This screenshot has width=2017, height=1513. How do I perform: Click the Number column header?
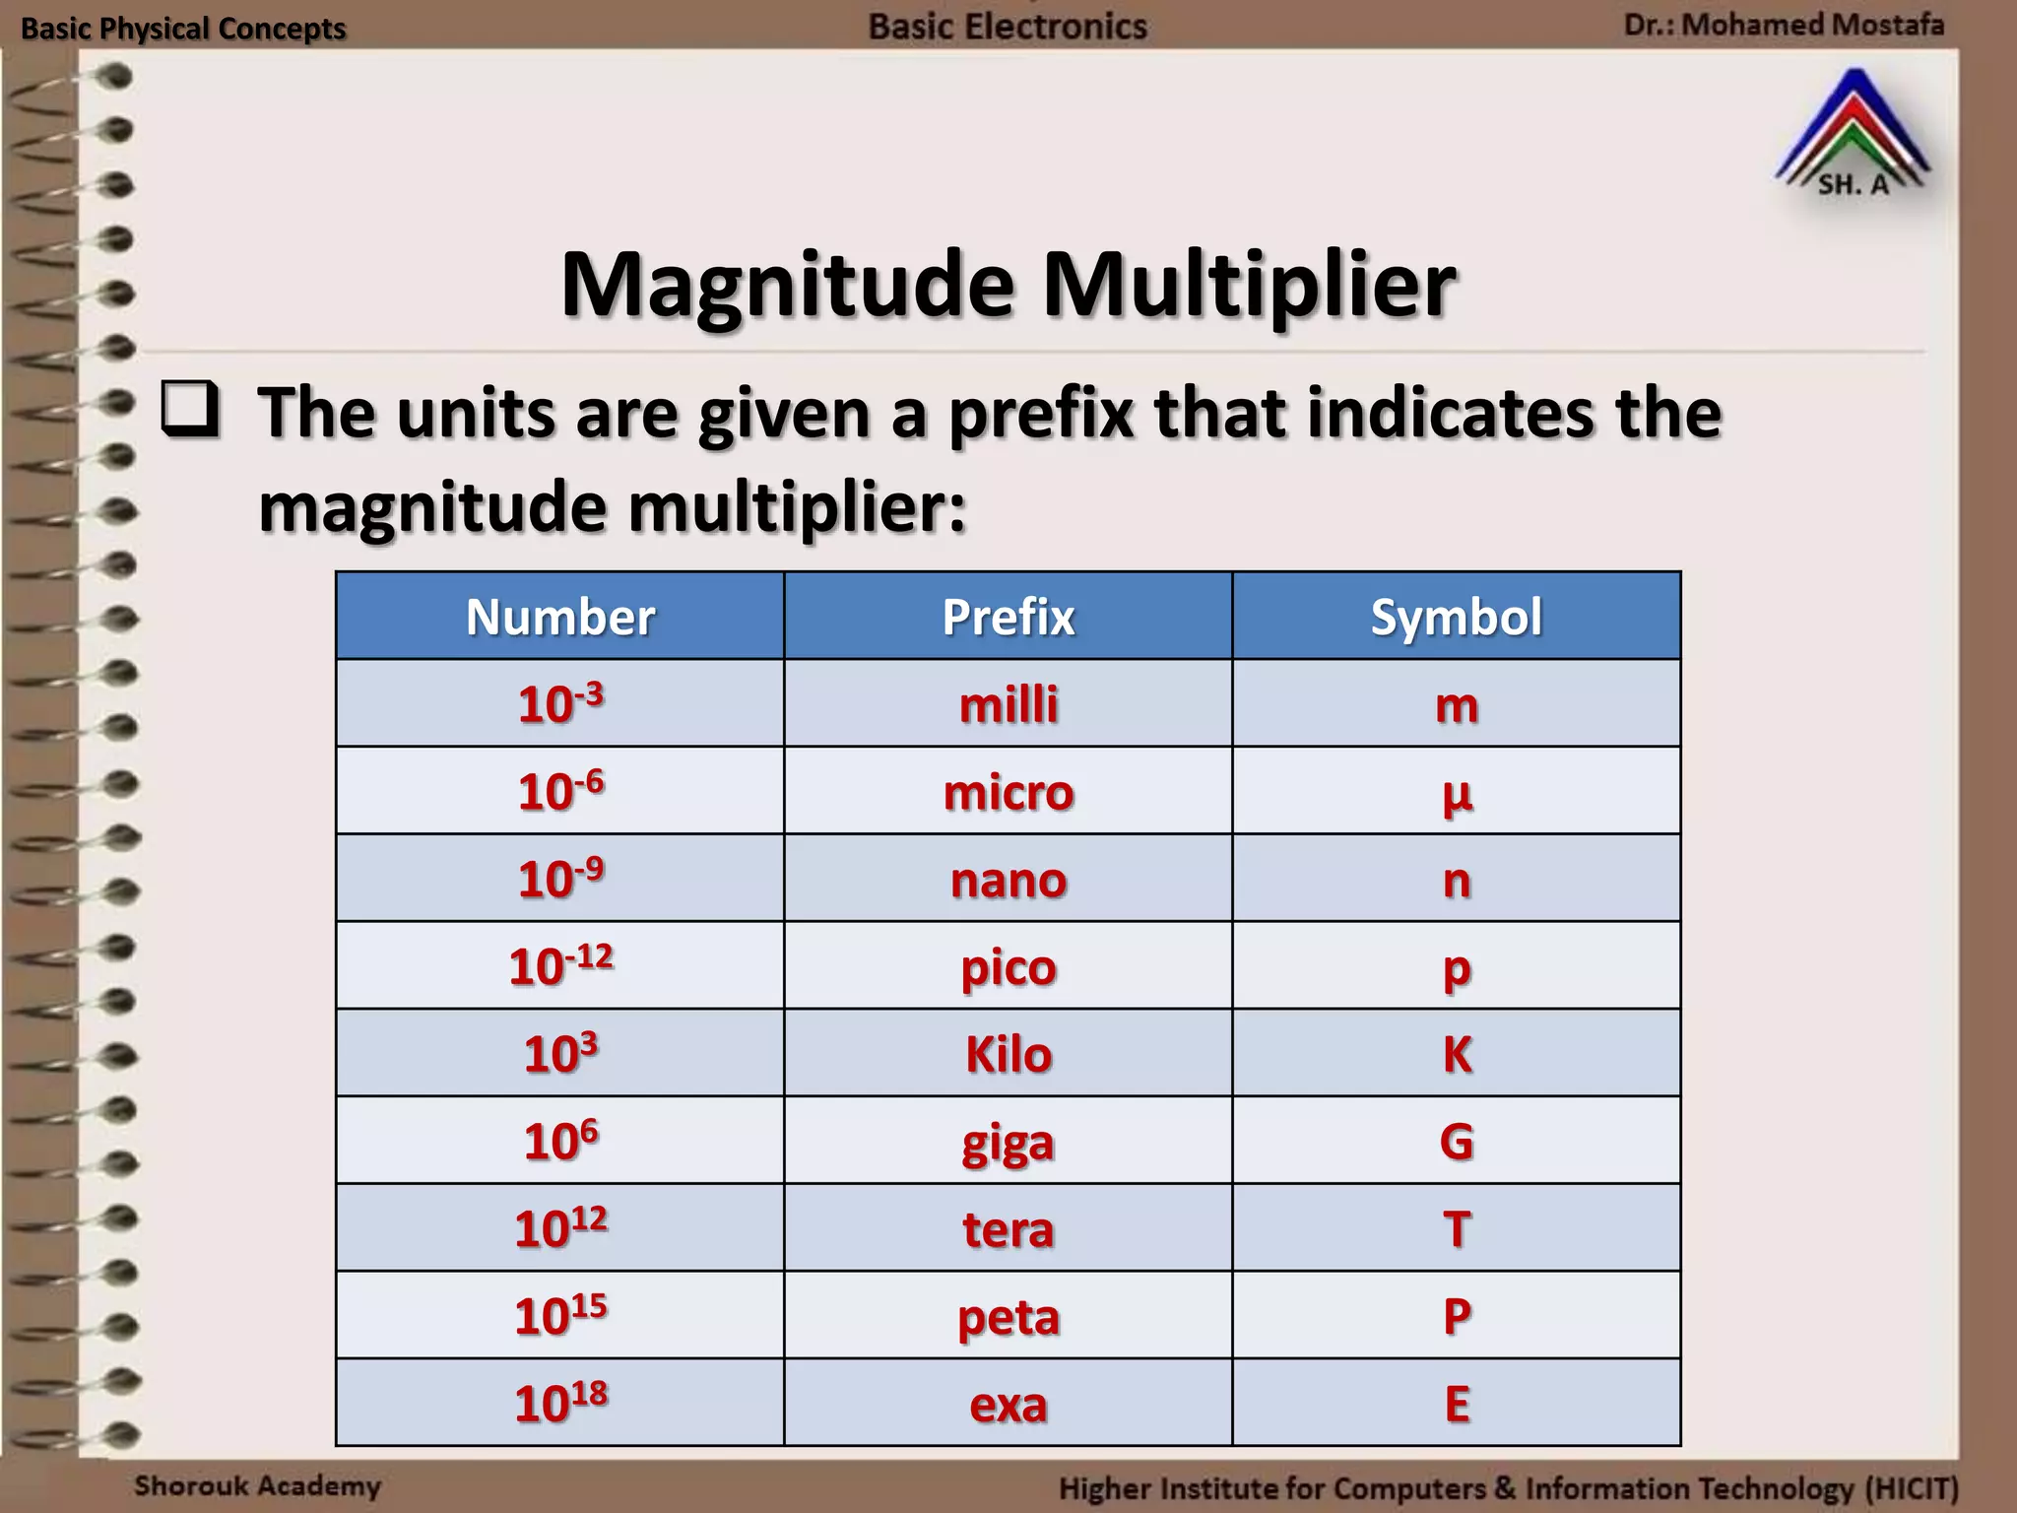pos(560,618)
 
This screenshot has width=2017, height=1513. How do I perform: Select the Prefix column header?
pos(1008,618)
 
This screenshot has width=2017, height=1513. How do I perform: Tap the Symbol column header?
pos(1456,618)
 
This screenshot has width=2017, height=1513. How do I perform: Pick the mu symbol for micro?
pos(1457,794)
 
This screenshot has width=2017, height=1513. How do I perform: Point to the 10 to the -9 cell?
pos(560,879)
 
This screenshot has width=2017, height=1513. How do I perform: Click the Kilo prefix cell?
pos(1008,1054)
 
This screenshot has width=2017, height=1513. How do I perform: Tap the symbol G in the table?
pos(1457,1142)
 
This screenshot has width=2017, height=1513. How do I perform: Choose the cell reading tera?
pos(1008,1229)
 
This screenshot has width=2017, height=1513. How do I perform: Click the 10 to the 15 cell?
pos(560,1316)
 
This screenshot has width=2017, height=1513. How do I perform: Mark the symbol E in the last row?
pos(1457,1404)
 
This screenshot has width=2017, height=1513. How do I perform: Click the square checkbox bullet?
pos(190,410)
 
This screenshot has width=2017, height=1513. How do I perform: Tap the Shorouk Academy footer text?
pos(257,1485)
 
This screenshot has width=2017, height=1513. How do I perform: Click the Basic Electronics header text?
pos(1008,27)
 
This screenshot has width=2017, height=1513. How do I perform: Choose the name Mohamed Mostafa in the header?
pos(1812,25)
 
